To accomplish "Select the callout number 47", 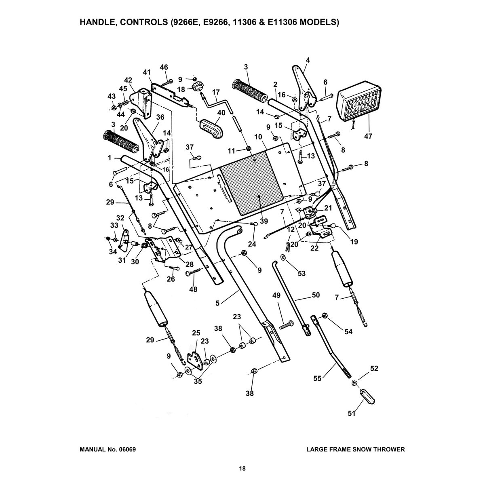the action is (368, 137).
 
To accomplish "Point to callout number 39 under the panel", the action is (264, 221).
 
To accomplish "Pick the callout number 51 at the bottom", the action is (352, 413).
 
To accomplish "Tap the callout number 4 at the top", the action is (308, 60).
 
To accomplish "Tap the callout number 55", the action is (317, 378).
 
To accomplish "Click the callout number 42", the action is (128, 80).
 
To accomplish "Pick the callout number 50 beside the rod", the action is (316, 295).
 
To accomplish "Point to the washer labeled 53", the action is (283, 257).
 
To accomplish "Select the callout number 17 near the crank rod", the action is (216, 92).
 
